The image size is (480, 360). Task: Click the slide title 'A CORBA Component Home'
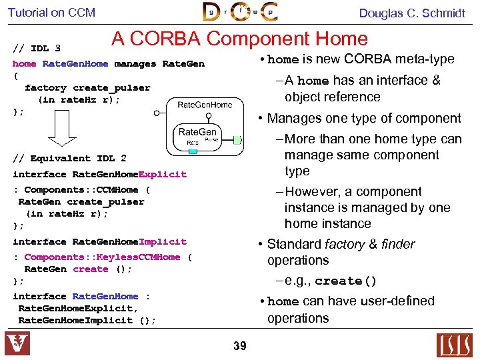(x=239, y=39)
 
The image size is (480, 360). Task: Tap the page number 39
(x=239, y=346)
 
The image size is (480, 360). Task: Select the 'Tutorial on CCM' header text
(x=51, y=13)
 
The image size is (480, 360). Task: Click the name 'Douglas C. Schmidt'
(x=412, y=13)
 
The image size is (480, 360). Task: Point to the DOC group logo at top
(x=240, y=12)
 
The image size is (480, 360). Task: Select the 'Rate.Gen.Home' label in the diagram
(x=205, y=105)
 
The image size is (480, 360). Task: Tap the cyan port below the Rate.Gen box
(x=193, y=151)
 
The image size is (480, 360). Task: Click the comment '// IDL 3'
(x=37, y=48)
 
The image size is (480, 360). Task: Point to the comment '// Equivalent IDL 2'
(x=69, y=158)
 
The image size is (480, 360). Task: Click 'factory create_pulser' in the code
(x=87, y=88)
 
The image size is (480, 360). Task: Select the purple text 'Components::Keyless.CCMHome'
(x=102, y=257)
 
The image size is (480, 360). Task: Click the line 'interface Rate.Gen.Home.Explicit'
(x=99, y=175)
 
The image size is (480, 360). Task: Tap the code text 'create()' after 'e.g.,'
(x=346, y=281)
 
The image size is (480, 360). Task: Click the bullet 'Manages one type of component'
(x=363, y=119)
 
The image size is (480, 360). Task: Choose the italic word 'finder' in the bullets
(x=398, y=245)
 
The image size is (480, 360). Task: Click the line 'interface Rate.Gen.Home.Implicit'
(x=99, y=242)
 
